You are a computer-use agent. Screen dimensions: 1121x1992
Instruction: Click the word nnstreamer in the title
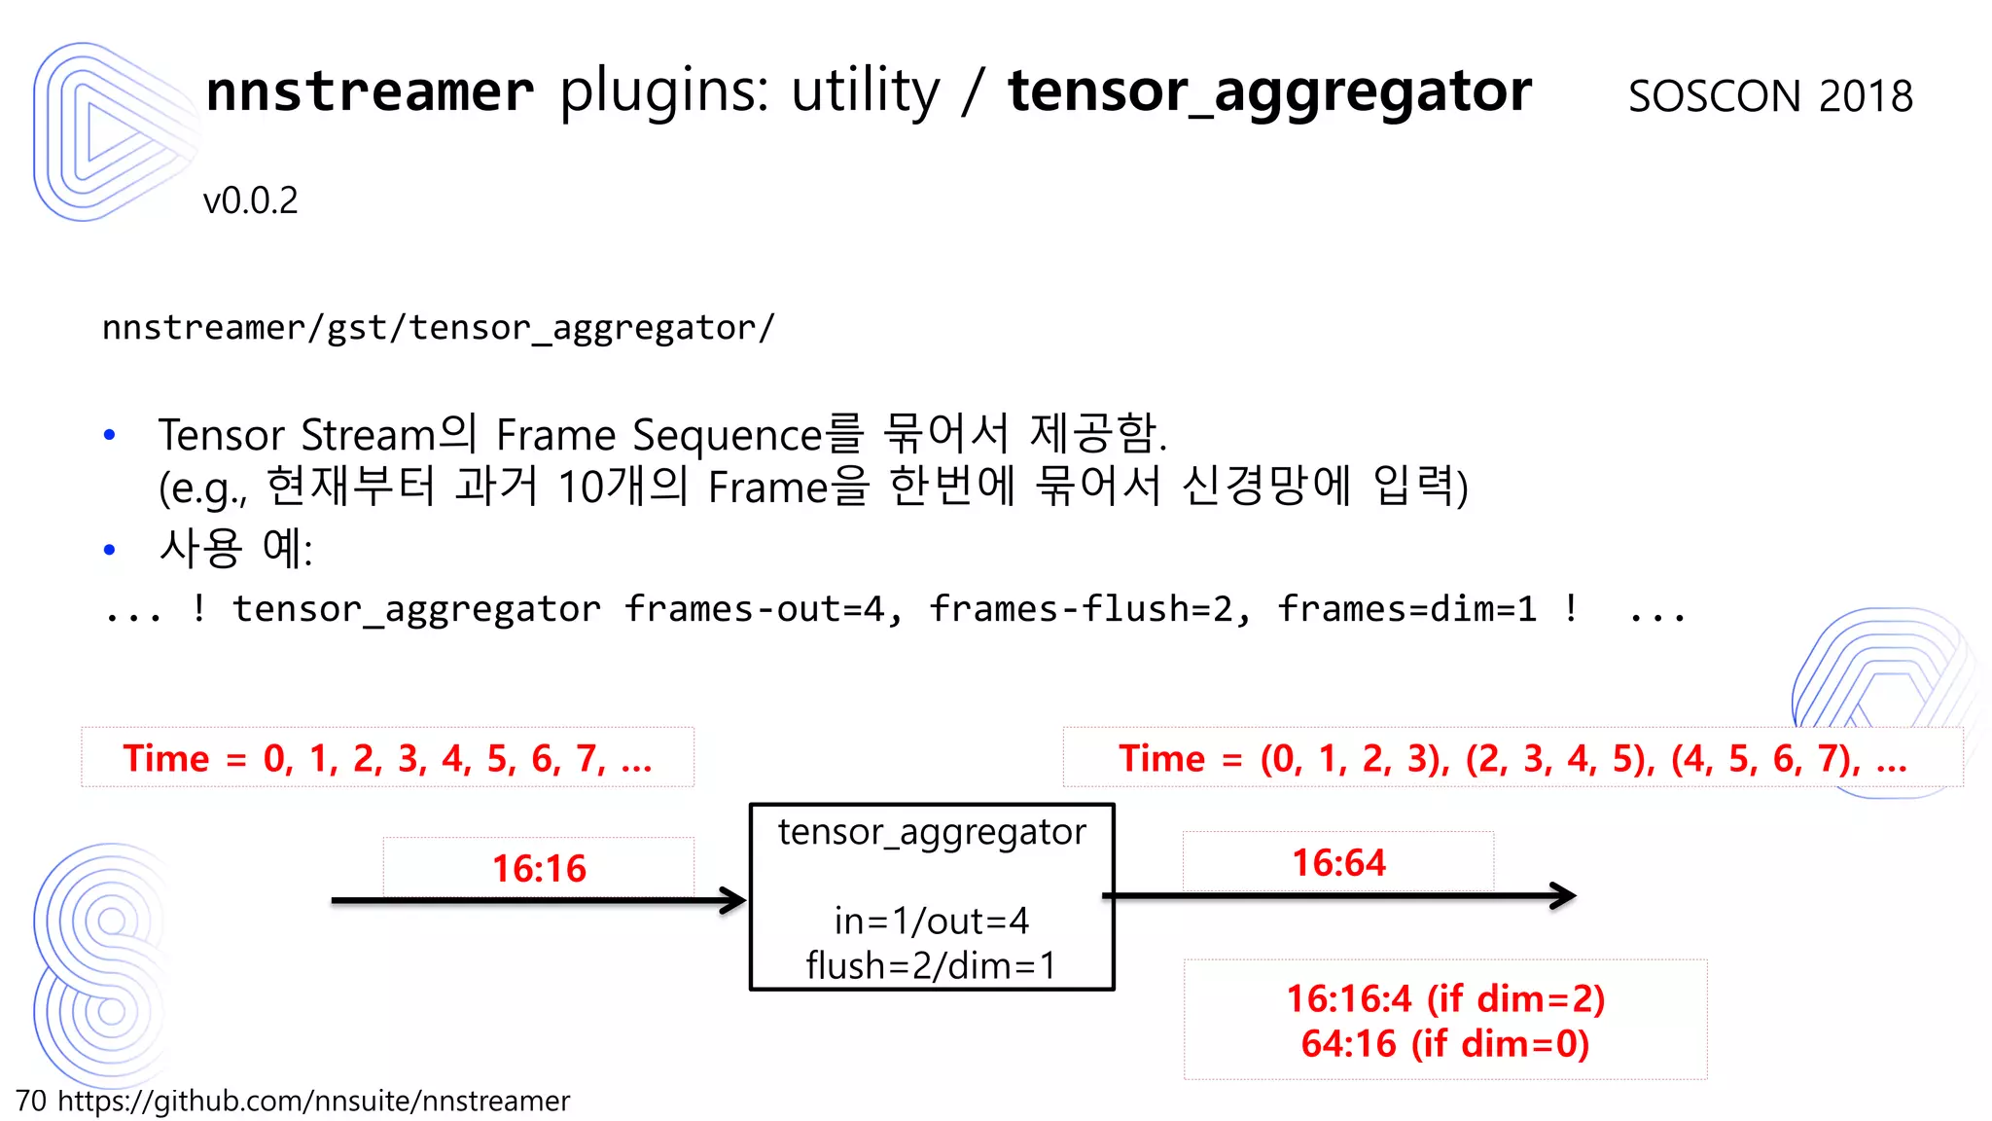[x=370, y=91]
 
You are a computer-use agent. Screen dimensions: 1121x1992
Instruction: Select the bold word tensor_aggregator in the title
[x=1269, y=91]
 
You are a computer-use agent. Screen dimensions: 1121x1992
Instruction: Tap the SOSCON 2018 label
[x=1770, y=96]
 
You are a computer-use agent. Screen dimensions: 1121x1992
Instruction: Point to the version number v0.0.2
[x=250, y=200]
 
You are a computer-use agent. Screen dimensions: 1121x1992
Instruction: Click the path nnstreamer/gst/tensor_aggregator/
[x=439, y=328]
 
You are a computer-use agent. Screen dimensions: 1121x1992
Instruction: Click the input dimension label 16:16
[x=539, y=868]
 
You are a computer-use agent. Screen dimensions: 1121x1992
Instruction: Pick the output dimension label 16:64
[x=1338, y=862]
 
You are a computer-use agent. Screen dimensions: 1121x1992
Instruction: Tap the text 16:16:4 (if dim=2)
[x=1445, y=998]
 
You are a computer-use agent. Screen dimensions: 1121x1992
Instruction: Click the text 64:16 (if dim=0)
[x=1445, y=1044]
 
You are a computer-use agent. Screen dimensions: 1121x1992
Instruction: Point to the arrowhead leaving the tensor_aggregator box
[x=1562, y=895]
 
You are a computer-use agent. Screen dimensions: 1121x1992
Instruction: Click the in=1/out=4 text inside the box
[x=931, y=921]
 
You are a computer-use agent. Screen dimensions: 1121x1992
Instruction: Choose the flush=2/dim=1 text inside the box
[x=931, y=965]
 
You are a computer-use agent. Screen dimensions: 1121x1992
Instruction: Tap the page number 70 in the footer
[x=31, y=1101]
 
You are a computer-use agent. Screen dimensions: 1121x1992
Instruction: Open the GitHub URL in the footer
[x=313, y=1101]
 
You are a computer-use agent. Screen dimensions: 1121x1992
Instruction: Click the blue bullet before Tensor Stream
[x=110, y=435]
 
